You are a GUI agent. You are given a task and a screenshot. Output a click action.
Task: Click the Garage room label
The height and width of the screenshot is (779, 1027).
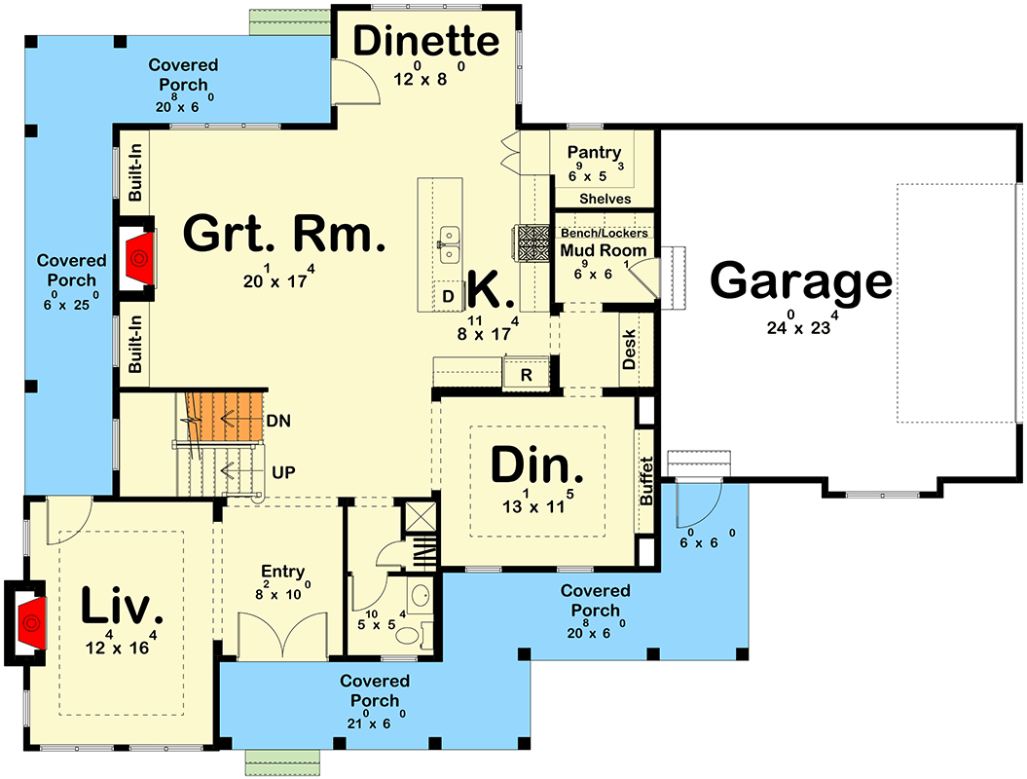tap(800, 282)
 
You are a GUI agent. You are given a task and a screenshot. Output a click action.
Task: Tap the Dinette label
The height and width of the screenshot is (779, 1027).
tap(425, 42)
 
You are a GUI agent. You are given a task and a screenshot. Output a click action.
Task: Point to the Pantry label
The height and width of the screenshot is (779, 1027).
tap(594, 152)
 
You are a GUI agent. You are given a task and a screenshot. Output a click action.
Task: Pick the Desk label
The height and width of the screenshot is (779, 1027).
tap(629, 349)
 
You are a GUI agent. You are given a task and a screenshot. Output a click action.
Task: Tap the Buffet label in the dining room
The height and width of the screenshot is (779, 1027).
tap(646, 481)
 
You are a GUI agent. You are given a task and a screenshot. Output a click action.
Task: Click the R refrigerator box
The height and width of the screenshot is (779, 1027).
tap(526, 373)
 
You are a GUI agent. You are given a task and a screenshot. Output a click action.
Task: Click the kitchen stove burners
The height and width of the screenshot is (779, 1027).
tap(532, 243)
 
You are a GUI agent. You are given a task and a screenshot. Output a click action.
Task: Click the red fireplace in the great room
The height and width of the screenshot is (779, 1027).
tap(138, 259)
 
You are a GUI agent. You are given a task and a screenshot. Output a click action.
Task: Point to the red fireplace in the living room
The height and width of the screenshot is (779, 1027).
tap(29, 622)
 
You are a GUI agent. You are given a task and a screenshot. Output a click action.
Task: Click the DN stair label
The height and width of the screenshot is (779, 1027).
tap(278, 421)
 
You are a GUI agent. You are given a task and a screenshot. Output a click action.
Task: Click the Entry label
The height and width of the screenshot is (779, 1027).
tap(282, 573)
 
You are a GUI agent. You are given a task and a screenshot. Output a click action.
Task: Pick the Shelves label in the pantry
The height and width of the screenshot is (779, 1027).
tap(605, 199)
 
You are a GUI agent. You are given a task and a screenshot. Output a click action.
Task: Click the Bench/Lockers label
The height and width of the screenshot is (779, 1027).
tap(604, 234)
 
